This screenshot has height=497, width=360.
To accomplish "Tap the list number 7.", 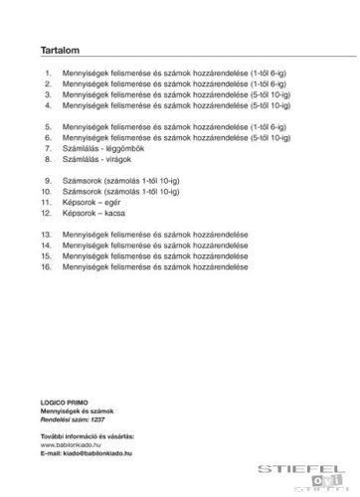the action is pos(48,148).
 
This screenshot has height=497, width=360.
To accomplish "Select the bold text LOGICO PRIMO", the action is pos(64,399).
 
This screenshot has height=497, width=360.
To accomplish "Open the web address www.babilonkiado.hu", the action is pos(72,444).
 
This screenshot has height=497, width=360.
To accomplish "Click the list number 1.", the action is pos(48,74).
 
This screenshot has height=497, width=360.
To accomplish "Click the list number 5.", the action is pos(48,127).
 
